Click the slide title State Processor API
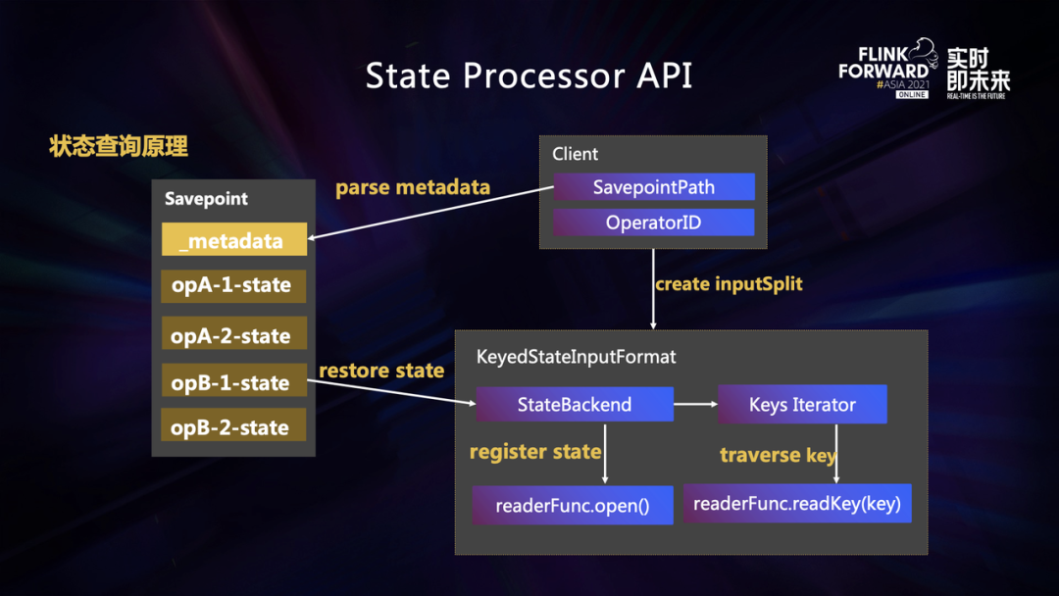[x=529, y=75]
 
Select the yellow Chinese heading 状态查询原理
[x=119, y=147]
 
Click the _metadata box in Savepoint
[x=234, y=240]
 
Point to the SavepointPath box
[x=654, y=187]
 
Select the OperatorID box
[x=654, y=223]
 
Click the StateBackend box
[x=575, y=404]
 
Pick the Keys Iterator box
[x=802, y=404]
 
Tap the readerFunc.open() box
[x=573, y=506]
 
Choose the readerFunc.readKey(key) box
[x=797, y=504]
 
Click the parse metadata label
[x=413, y=187]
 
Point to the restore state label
[x=381, y=371]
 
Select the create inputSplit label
[x=729, y=284]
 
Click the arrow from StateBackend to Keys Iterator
[x=695, y=404]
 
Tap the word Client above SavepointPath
[x=575, y=154]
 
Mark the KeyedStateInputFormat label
[x=576, y=357]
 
